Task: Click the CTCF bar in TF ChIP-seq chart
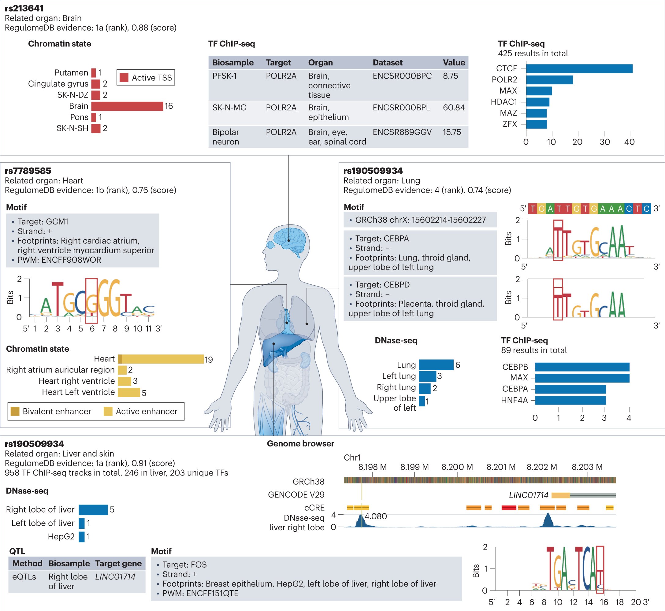579,69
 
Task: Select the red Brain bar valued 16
127,106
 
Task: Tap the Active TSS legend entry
146,78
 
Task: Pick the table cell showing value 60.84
453,107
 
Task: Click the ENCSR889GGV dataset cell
402,132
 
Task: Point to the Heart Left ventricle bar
129,392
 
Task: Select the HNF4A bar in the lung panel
570,400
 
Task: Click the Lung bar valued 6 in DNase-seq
436,365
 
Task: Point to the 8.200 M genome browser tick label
457,467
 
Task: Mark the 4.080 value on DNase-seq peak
375,516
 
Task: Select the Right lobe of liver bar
93,509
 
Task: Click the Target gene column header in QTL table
118,563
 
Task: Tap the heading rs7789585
28,171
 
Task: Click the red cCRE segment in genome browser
509,508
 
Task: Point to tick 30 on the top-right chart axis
604,142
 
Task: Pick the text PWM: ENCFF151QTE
200,593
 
